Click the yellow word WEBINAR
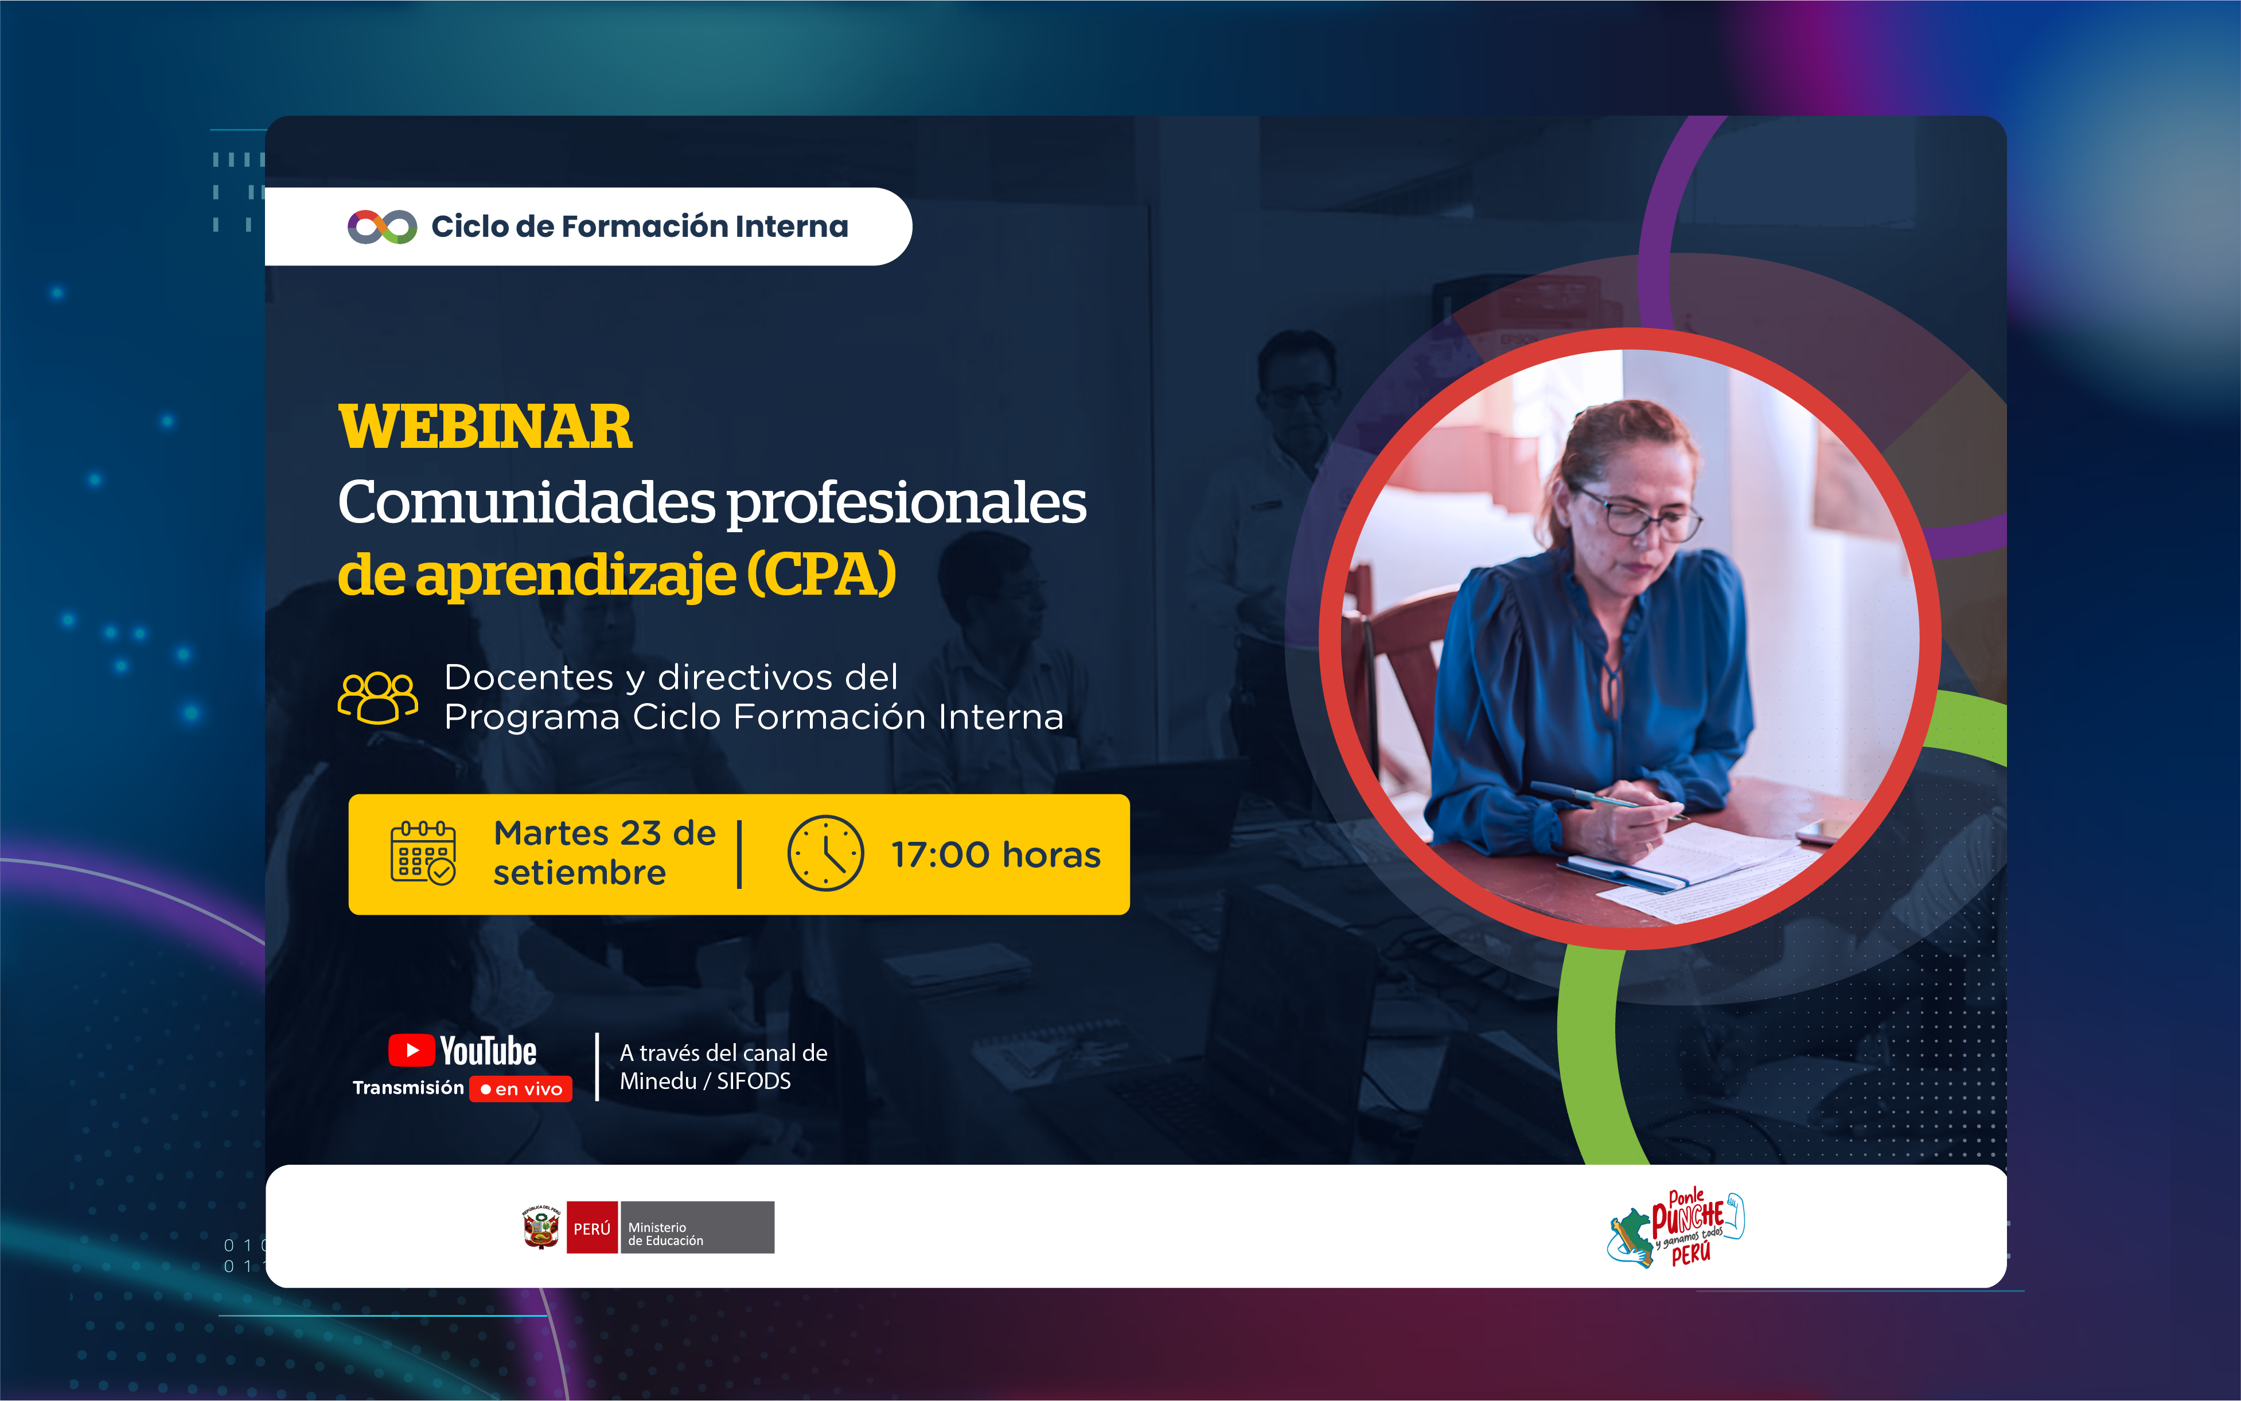[x=485, y=427]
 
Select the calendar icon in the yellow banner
[x=423, y=852]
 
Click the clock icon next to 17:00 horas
[x=825, y=853]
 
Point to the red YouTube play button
[x=411, y=1051]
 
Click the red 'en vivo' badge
[x=521, y=1088]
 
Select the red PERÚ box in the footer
[x=592, y=1228]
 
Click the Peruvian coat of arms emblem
[x=541, y=1228]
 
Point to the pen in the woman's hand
[x=1608, y=802]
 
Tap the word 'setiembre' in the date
[x=579, y=873]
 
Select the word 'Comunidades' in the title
[x=527, y=502]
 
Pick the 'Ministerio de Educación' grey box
[x=697, y=1228]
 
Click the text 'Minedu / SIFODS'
[x=706, y=1082]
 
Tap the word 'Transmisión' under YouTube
[x=408, y=1088]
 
